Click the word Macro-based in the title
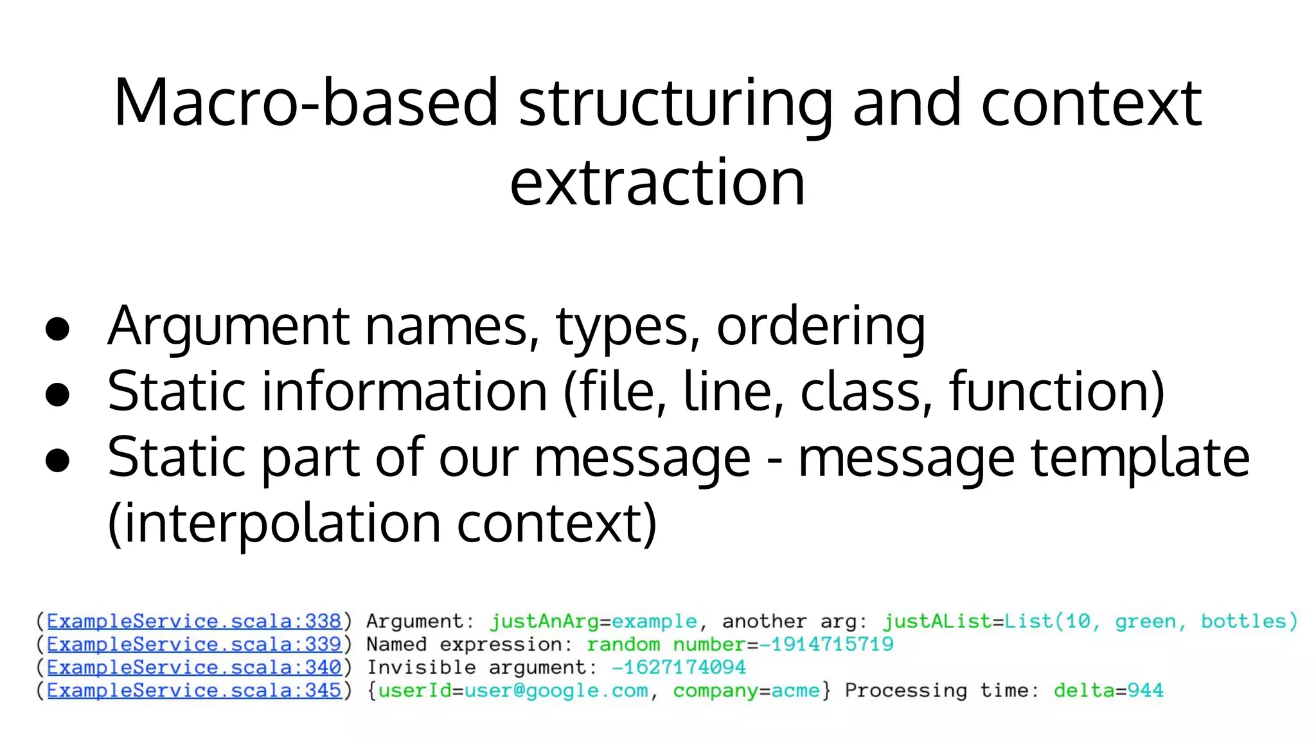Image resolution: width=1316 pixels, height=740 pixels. click(306, 103)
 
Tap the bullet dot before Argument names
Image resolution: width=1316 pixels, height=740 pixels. click(58, 328)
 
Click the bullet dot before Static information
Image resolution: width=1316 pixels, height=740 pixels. click(58, 394)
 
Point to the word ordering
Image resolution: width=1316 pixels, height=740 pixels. click(821, 327)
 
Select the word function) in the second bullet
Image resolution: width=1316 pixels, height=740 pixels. click(1057, 391)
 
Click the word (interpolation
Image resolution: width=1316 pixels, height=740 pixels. click(274, 524)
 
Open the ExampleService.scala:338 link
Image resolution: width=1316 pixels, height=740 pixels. click(194, 621)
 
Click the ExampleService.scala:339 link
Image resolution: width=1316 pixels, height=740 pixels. click(194, 644)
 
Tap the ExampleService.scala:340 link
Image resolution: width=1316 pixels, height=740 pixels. click(194, 667)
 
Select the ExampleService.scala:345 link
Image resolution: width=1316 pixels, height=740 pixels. click(194, 691)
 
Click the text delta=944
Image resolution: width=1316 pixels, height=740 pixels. click(1108, 691)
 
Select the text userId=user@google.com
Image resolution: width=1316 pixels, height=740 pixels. click(513, 691)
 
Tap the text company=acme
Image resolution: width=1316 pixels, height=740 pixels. click(746, 691)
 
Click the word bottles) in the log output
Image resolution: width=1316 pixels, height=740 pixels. click(1249, 621)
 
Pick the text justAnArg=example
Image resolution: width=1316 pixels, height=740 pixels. click(593, 621)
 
